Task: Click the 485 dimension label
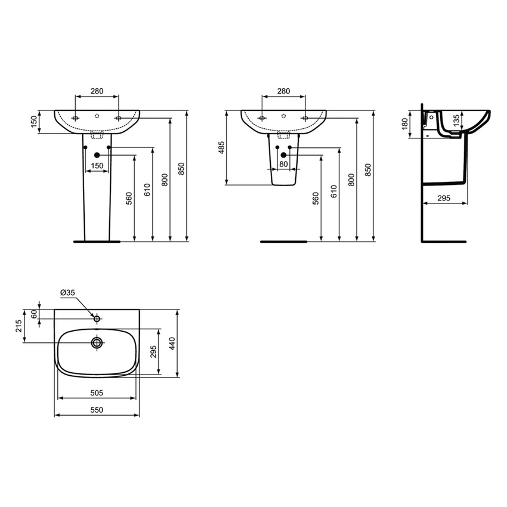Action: pos(221,148)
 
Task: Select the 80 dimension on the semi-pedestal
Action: pos(283,163)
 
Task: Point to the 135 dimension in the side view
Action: pos(456,121)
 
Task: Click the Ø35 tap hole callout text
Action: pos(67,292)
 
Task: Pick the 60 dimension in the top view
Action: pos(34,314)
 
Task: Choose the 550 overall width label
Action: pos(97,410)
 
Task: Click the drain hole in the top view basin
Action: pos(97,342)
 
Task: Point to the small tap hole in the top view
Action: pos(97,319)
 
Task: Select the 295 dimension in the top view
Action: pos(153,352)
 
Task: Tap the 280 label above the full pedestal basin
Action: pos(97,91)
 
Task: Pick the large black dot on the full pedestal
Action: pos(97,156)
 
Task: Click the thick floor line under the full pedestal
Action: pos(95,242)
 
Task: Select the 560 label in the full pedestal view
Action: pos(129,199)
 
